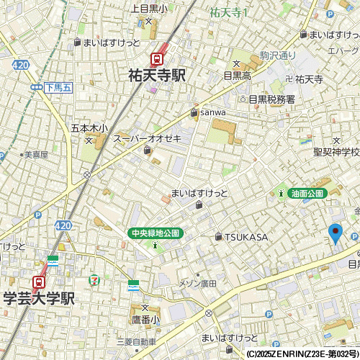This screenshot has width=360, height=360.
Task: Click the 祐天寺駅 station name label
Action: tap(157, 75)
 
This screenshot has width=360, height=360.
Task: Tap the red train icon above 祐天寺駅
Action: tap(156, 59)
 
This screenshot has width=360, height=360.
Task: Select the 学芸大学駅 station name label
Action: tap(40, 298)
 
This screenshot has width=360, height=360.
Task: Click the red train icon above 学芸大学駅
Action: tap(39, 282)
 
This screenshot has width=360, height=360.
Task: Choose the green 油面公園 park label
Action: tap(307, 193)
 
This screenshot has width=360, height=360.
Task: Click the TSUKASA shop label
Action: tap(246, 237)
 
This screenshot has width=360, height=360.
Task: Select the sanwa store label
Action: tap(213, 112)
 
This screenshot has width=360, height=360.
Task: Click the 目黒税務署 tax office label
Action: tap(271, 99)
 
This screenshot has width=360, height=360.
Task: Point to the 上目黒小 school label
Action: tap(149, 9)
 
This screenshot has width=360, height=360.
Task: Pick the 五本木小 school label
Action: tap(89, 128)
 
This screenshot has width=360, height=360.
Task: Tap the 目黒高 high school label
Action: tap(237, 75)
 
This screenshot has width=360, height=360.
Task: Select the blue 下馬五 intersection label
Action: tap(58, 87)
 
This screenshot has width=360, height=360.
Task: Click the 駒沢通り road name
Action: tap(278, 55)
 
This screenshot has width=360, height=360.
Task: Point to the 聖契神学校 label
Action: tap(336, 152)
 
